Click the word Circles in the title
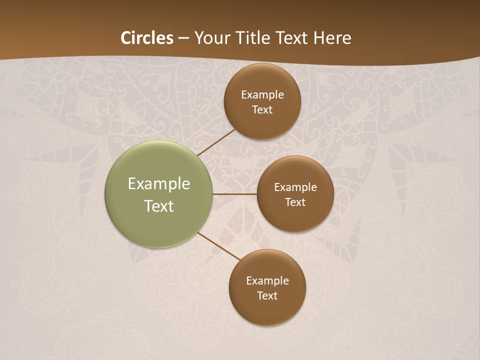(147, 38)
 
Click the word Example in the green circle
(159, 184)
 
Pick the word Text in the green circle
(159, 206)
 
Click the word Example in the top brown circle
(262, 94)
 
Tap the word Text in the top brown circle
(262, 109)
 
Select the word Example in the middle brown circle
(295, 187)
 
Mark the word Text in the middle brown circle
(295, 202)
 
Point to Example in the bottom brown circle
(267, 280)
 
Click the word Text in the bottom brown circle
(267, 295)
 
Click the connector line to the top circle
(216, 142)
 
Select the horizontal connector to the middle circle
(234, 194)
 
